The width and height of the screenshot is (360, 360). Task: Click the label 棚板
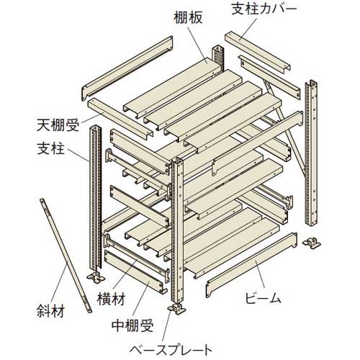pyautogui.click(x=189, y=18)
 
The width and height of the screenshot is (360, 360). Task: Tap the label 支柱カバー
pyautogui.click(x=264, y=9)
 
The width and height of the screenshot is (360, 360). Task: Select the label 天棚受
pyautogui.click(x=58, y=125)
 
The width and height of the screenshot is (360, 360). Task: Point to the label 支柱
pyautogui.click(x=51, y=148)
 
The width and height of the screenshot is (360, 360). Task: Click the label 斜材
pyautogui.click(x=50, y=311)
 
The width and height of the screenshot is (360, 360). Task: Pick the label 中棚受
pyautogui.click(x=132, y=325)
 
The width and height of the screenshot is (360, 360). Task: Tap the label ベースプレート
pyautogui.click(x=171, y=351)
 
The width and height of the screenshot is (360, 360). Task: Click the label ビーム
pyautogui.click(x=262, y=298)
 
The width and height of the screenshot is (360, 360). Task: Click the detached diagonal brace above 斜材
pyautogui.click(x=66, y=256)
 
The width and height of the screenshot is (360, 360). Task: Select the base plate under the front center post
pyautogui.click(x=177, y=308)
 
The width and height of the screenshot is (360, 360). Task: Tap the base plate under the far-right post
pyautogui.click(x=312, y=243)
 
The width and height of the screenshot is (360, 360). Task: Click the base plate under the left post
pyautogui.click(x=96, y=278)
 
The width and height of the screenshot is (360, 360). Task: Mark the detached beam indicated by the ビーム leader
pyautogui.click(x=251, y=265)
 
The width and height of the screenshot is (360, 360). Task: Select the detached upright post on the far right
pyautogui.click(x=311, y=153)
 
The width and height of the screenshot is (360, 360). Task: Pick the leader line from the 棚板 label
pyautogui.click(x=197, y=45)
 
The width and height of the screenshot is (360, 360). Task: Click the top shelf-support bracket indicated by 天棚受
pyautogui.click(x=120, y=118)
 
